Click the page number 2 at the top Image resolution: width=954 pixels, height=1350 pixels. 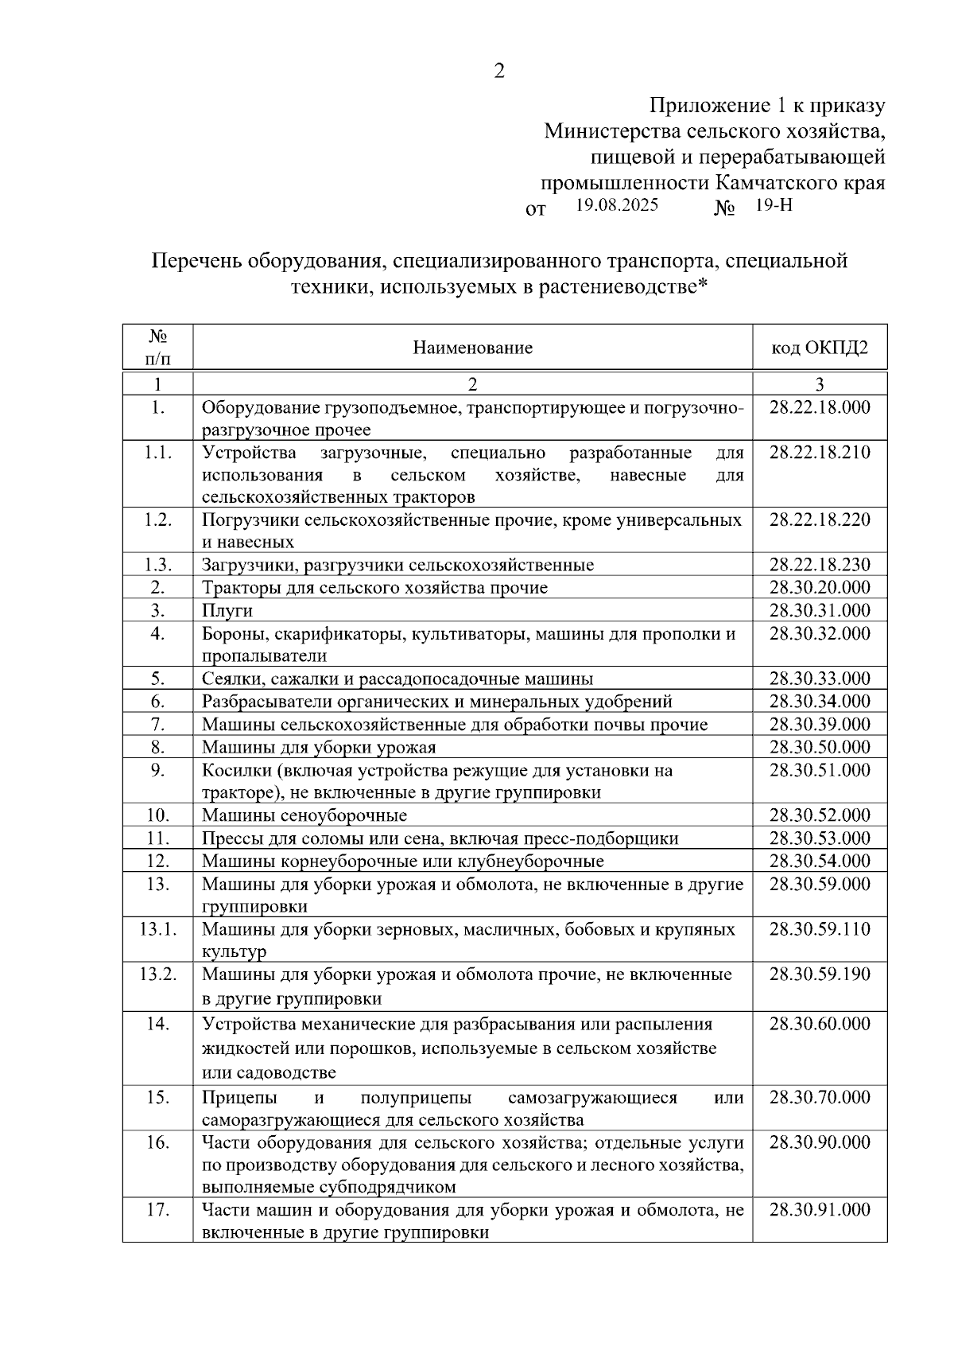(499, 72)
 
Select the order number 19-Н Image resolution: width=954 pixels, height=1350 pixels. (774, 205)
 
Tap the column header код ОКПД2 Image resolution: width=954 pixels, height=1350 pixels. (820, 348)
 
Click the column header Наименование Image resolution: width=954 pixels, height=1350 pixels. (472, 348)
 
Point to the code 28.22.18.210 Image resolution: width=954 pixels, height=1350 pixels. (820, 453)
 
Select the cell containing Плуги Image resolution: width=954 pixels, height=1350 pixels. (227, 610)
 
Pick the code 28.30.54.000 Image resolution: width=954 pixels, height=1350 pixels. (820, 861)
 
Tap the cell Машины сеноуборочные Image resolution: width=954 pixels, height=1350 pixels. (304, 815)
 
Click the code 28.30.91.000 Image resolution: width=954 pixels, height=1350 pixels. (820, 1210)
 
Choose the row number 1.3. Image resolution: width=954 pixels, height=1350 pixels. (157, 565)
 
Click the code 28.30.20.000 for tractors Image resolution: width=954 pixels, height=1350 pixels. (820, 588)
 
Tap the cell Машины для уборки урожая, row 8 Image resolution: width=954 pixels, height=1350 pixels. (319, 747)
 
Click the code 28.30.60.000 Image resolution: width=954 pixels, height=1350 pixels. (820, 1024)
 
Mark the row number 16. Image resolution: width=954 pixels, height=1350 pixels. (157, 1142)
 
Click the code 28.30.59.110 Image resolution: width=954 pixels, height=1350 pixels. (820, 929)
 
